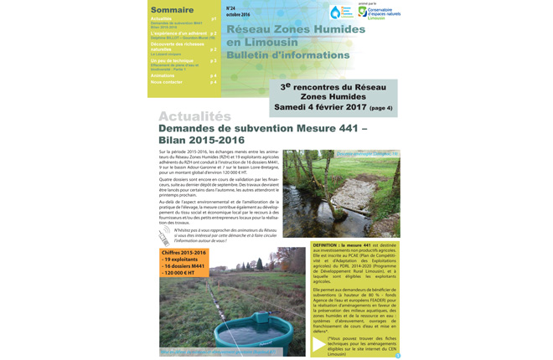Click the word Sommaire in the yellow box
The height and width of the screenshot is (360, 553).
[x=171, y=10]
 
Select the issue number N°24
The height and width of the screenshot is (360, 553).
[x=231, y=7]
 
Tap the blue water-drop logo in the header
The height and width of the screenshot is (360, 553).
[x=335, y=13]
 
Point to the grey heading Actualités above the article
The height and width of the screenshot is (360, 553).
[x=194, y=116]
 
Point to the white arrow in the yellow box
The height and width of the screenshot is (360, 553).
[x=318, y=342]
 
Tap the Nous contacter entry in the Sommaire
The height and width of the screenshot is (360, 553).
[x=167, y=82]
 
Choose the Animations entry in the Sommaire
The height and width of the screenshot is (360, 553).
[x=163, y=75]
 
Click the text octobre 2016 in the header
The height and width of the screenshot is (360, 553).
[x=238, y=14]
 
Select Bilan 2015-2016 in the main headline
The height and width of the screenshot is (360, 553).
[x=202, y=141]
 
